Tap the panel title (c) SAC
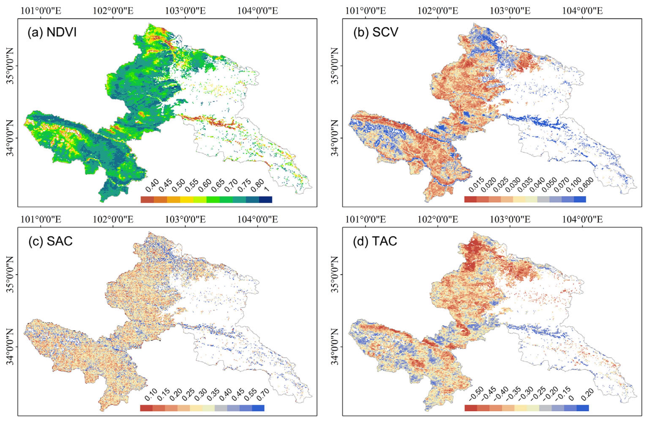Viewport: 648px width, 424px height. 51,241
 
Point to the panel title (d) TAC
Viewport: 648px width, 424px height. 375,241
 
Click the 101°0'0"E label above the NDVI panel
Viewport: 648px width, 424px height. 41,11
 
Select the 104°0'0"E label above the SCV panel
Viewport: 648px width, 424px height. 582,11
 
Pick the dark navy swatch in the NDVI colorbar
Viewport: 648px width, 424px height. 265,200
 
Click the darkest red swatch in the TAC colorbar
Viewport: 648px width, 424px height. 471,408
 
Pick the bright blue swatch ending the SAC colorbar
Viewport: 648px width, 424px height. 258,408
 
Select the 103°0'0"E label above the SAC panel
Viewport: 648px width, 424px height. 185,219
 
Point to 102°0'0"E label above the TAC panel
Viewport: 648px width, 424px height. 438,219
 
